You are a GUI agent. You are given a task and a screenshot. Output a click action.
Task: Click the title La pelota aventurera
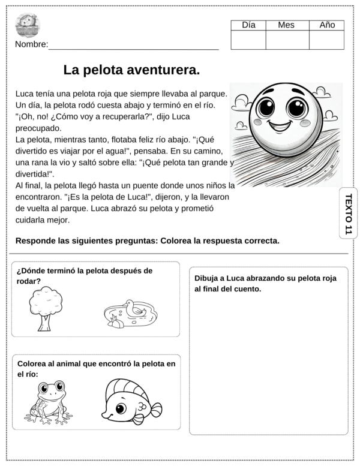click(131, 70)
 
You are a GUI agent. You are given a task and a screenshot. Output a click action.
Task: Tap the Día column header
click(248, 25)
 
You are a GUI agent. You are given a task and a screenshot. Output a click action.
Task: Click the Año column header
click(327, 25)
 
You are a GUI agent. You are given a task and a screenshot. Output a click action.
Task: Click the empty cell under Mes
click(287, 40)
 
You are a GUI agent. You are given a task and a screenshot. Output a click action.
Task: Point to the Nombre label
click(31, 45)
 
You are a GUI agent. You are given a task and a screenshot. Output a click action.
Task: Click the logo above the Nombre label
click(28, 25)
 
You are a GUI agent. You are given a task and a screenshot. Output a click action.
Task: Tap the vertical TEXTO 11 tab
click(348, 213)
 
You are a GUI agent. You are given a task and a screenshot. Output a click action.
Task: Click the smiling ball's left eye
click(265, 108)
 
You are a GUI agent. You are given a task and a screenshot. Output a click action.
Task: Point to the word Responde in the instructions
click(36, 241)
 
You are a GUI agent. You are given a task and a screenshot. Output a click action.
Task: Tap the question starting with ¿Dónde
click(84, 275)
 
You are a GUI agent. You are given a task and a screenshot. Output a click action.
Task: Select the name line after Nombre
click(133, 48)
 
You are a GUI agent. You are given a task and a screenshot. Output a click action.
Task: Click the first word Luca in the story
click(24, 94)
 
